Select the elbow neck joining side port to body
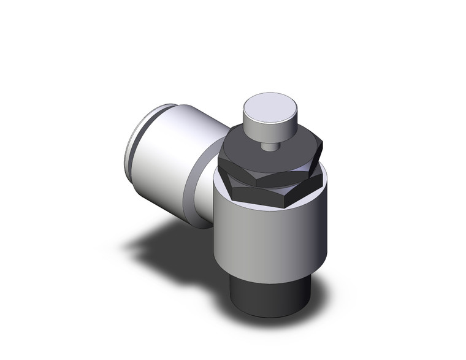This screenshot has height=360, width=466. [202, 190]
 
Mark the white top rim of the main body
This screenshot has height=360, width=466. [220, 178]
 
